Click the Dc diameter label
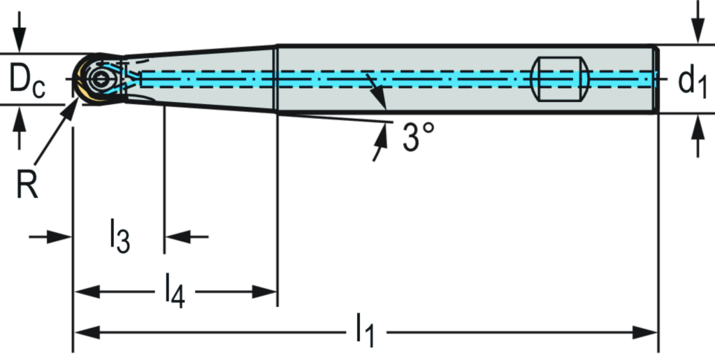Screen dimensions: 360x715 tap(27, 81)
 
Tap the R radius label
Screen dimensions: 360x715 tap(27, 185)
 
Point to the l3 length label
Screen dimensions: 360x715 tap(120, 237)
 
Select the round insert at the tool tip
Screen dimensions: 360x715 tap(97, 78)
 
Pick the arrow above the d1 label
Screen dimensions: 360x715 tap(696, 24)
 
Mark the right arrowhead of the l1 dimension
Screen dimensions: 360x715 tap(643, 331)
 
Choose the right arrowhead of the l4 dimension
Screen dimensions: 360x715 tap(265, 291)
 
